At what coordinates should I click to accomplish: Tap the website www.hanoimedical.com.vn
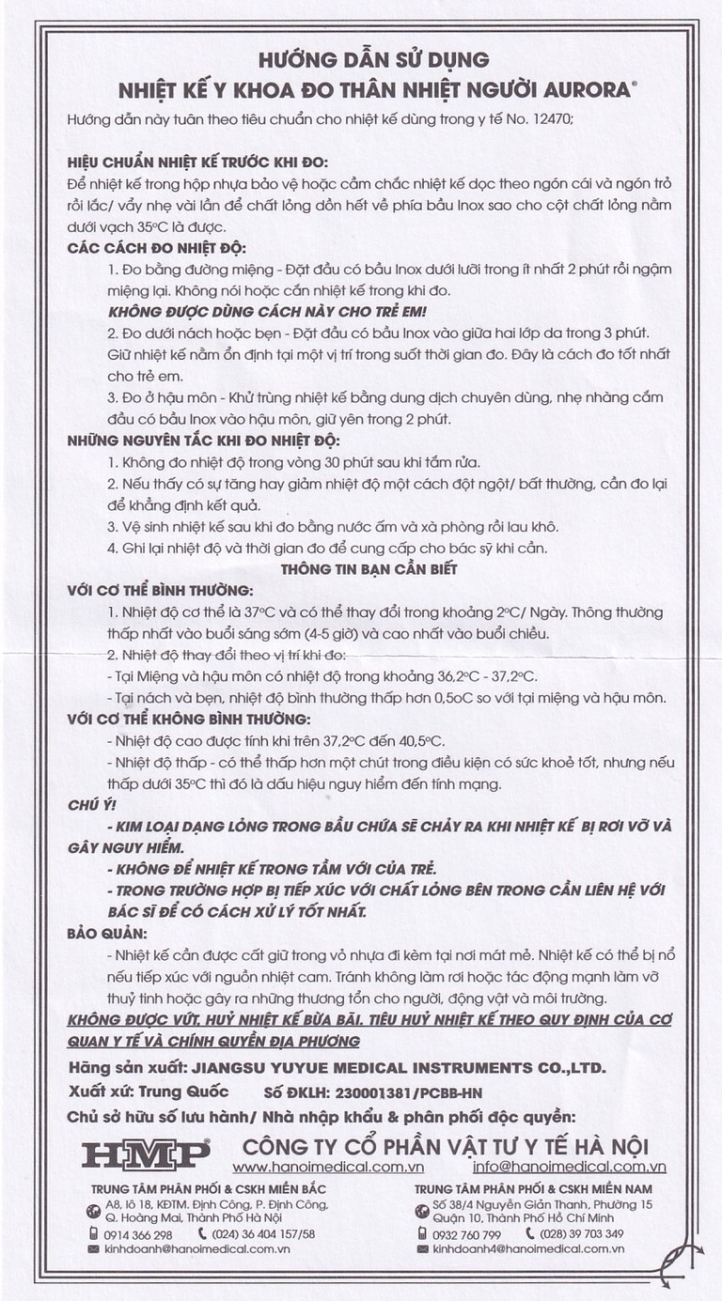[x=328, y=1167]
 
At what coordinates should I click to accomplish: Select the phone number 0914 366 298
[x=139, y=1233]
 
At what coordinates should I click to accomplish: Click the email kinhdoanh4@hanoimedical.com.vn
[x=526, y=1249]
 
